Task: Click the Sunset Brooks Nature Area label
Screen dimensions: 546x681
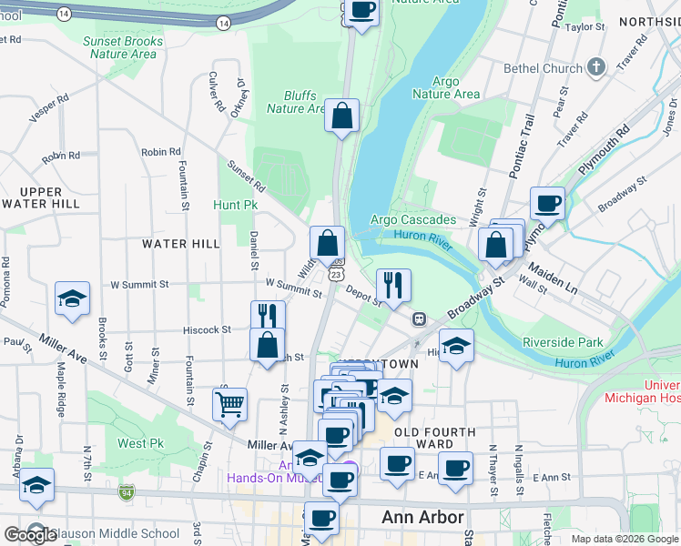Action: pos(123,47)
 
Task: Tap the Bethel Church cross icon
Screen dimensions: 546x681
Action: pos(595,67)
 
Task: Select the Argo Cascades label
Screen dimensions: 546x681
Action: pos(413,220)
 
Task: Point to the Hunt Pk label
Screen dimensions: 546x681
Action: pos(236,205)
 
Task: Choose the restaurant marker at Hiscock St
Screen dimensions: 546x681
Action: pos(268,316)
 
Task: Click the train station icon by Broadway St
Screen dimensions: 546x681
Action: pos(420,318)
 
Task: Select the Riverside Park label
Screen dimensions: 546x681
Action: pos(563,342)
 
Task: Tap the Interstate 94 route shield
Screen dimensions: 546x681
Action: pos(125,492)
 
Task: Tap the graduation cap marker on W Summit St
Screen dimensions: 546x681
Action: pos(72,299)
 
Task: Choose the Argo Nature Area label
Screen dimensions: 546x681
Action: pos(445,87)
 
